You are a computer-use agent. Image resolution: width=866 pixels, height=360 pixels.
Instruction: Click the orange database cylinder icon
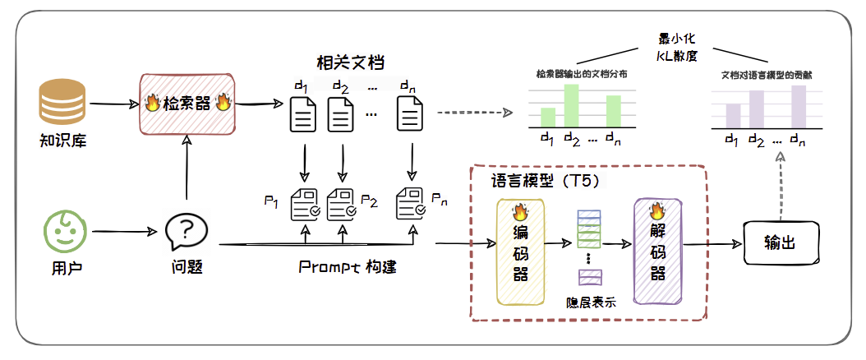point(63,104)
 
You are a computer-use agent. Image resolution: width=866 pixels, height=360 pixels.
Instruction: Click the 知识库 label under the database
point(63,140)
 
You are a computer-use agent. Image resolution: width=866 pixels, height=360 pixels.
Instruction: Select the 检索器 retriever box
point(187,104)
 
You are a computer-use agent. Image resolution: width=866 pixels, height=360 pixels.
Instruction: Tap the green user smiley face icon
point(64,231)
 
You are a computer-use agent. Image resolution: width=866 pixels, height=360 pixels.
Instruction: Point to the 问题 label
point(187,267)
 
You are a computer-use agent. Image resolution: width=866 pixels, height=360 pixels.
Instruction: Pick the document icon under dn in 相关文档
point(410,114)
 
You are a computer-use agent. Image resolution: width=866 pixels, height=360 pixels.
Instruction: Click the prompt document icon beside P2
point(341,202)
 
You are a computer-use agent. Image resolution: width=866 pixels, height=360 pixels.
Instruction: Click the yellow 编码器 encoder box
point(519,250)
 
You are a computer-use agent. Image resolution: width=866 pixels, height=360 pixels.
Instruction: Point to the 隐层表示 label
point(591,301)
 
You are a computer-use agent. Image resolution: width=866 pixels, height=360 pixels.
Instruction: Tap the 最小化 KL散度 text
point(676,48)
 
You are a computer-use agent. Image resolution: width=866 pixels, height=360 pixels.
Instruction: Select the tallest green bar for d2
point(571,104)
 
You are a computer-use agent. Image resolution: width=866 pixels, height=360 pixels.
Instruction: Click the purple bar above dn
point(799,106)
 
